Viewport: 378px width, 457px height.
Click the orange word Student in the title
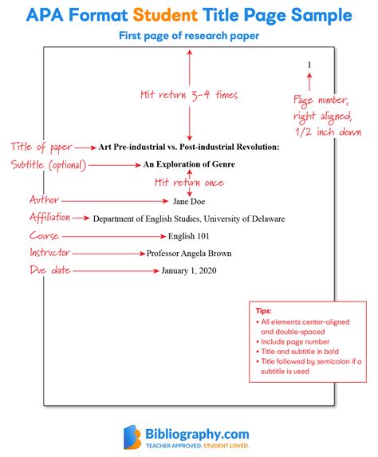click(x=165, y=15)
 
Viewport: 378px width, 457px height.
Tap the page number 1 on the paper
click(x=309, y=65)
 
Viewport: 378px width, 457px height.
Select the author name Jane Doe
click(x=189, y=202)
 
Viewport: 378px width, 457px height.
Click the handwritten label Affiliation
click(x=49, y=217)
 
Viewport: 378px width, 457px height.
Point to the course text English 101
click(x=188, y=236)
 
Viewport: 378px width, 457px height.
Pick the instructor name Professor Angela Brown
click(x=189, y=254)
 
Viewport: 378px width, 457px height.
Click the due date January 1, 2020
click(x=189, y=270)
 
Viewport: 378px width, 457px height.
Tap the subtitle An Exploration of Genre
click(x=189, y=164)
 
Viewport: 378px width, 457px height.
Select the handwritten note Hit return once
click(x=189, y=183)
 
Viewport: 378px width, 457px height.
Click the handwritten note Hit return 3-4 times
click(x=189, y=95)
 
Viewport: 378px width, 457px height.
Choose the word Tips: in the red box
click(x=263, y=311)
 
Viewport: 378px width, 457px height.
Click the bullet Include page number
click(x=293, y=341)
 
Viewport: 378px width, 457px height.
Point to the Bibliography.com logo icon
click(x=132, y=437)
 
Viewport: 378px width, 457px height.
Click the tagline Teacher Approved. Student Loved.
click(x=197, y=446)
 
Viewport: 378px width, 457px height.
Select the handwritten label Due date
click(x=49, y=270)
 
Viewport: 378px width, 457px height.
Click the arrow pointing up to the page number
click(x=309, y=81)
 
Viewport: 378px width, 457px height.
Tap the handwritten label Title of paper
click(x=41, y=147)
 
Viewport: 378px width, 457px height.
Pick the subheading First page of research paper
click(x=189, y=36)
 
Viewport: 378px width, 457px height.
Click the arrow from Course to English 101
click(x=114, y=236)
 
